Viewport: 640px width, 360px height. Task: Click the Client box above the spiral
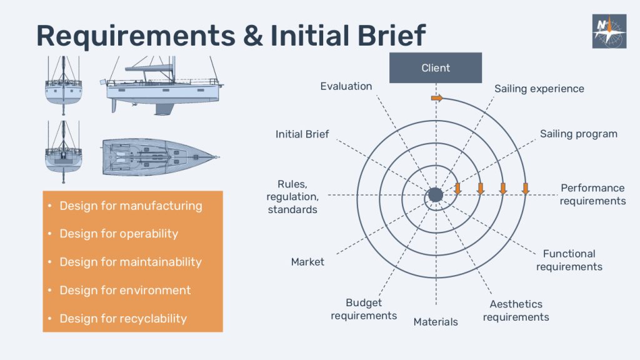tap(436, 67)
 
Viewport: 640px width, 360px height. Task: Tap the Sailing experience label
tap(539, 89)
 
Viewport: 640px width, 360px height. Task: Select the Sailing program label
tap(578, 134)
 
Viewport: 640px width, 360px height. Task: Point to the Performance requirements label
tap(592, 194)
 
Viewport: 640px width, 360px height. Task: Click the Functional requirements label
tap(569, 260)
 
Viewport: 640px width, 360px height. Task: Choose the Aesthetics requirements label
tap(516, 311)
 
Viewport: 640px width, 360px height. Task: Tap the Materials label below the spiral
tap(436, 322)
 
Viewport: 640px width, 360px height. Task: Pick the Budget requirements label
tap(364, 309)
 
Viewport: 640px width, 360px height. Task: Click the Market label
tap(307, 262)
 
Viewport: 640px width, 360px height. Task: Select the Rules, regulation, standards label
tap(292, 196)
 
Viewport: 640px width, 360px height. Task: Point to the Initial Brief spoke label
tap(302, 134)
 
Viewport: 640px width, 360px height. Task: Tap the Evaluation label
tap(346, 86)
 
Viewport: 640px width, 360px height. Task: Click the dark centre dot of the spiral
tap(436, 195)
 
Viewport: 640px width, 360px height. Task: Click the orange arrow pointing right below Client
tap(437, 98)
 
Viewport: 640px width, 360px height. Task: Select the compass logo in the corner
tap(609, 31)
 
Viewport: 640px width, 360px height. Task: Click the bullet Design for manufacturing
tap(131, 206)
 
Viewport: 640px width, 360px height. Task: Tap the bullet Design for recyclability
tap(123, 318)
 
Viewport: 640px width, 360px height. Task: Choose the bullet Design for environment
tap(125, 290)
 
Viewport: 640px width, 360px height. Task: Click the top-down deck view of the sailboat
tap(161, 157)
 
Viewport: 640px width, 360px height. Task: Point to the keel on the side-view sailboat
tap(164, 109)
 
